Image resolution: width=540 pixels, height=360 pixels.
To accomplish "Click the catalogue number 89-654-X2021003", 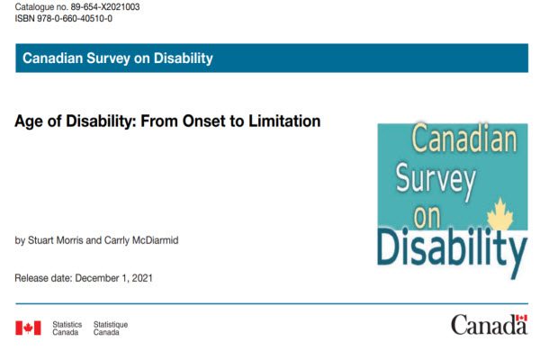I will [x=100, y=6].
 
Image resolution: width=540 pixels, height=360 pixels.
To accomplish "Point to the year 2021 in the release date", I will [x=140, y=277].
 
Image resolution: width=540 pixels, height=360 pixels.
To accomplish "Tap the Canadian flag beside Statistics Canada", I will [x=28, y=328].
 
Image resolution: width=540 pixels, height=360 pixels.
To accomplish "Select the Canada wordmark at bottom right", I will [x=489, y=326].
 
